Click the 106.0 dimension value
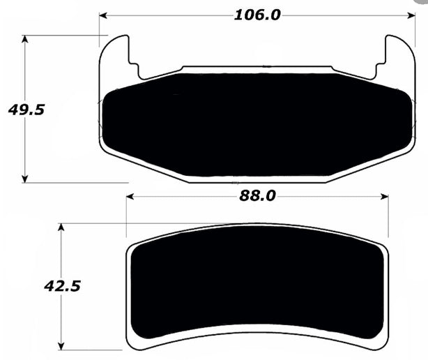tap(257, 14)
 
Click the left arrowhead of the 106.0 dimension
tap(103, 15)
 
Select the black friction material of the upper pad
tap(258, 122)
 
